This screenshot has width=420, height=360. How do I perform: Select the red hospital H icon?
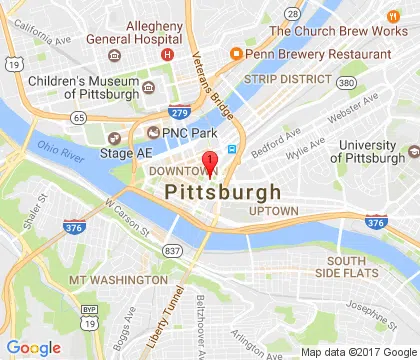pyautogui.click(x=168, y=53)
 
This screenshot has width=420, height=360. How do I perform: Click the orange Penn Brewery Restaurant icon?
pyautogui.click(x=237, y=52)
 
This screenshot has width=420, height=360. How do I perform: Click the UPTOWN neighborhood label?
pyautogui.click(x=275, y=211)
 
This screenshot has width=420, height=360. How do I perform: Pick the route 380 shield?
pyautogui.click(x=345, y=83)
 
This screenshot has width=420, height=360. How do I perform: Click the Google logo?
pyautogui.click(x=34, y=347)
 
